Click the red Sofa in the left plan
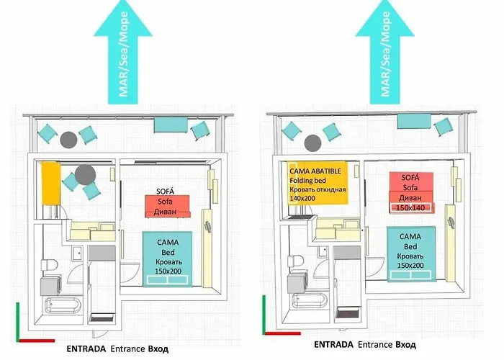167,207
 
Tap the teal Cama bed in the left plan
168,258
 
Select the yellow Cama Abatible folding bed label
318,183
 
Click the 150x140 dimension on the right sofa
410,207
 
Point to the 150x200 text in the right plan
410,265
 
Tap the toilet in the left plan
49,265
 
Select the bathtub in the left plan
63,305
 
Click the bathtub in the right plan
310,300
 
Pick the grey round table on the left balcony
68,140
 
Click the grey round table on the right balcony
312,143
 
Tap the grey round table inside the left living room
85,175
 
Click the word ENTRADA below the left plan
86,348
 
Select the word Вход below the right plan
405,345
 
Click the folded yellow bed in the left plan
51,183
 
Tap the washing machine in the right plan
296,283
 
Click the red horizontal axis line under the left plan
36,341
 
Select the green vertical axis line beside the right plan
264,315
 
